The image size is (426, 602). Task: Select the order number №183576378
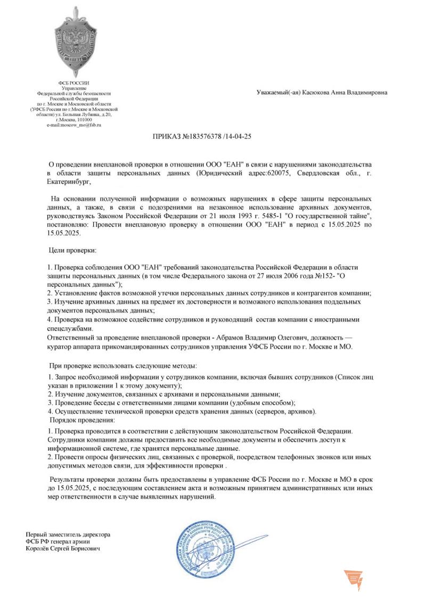(203, 136)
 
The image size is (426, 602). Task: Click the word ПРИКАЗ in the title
(167, 136)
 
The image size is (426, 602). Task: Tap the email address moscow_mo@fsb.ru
(73, 125)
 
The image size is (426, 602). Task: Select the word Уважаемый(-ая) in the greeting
(278, 93)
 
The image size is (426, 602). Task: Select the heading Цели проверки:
(73, 250)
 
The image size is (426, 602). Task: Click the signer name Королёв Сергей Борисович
(63, 548)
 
